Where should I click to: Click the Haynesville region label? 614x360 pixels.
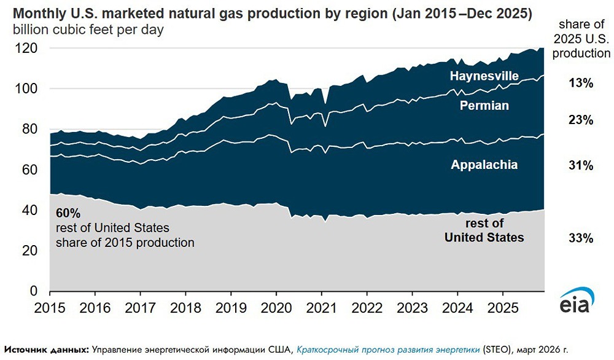pyautogui.click(x=484, y=77)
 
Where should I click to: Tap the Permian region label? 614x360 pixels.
pyautogui.click(x=485, y=106)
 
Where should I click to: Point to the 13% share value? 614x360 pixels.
pyautogui.click(x=581, y=83)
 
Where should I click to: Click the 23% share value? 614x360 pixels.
pyautogui.click(x=581, y=121)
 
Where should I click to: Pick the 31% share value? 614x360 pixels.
pyautogui.click(x=581, y=165)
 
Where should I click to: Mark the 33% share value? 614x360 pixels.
pyautogui.click(x=581, y=238)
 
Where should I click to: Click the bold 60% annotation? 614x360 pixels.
pyautogui.click(x=68, y=214)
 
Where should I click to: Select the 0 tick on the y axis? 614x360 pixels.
pyautogui.click(x=34, y=291)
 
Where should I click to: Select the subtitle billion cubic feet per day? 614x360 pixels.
pyautogui.click(x=85, y=29)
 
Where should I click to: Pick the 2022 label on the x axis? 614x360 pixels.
pyautogui.click(x=367, y=306)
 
